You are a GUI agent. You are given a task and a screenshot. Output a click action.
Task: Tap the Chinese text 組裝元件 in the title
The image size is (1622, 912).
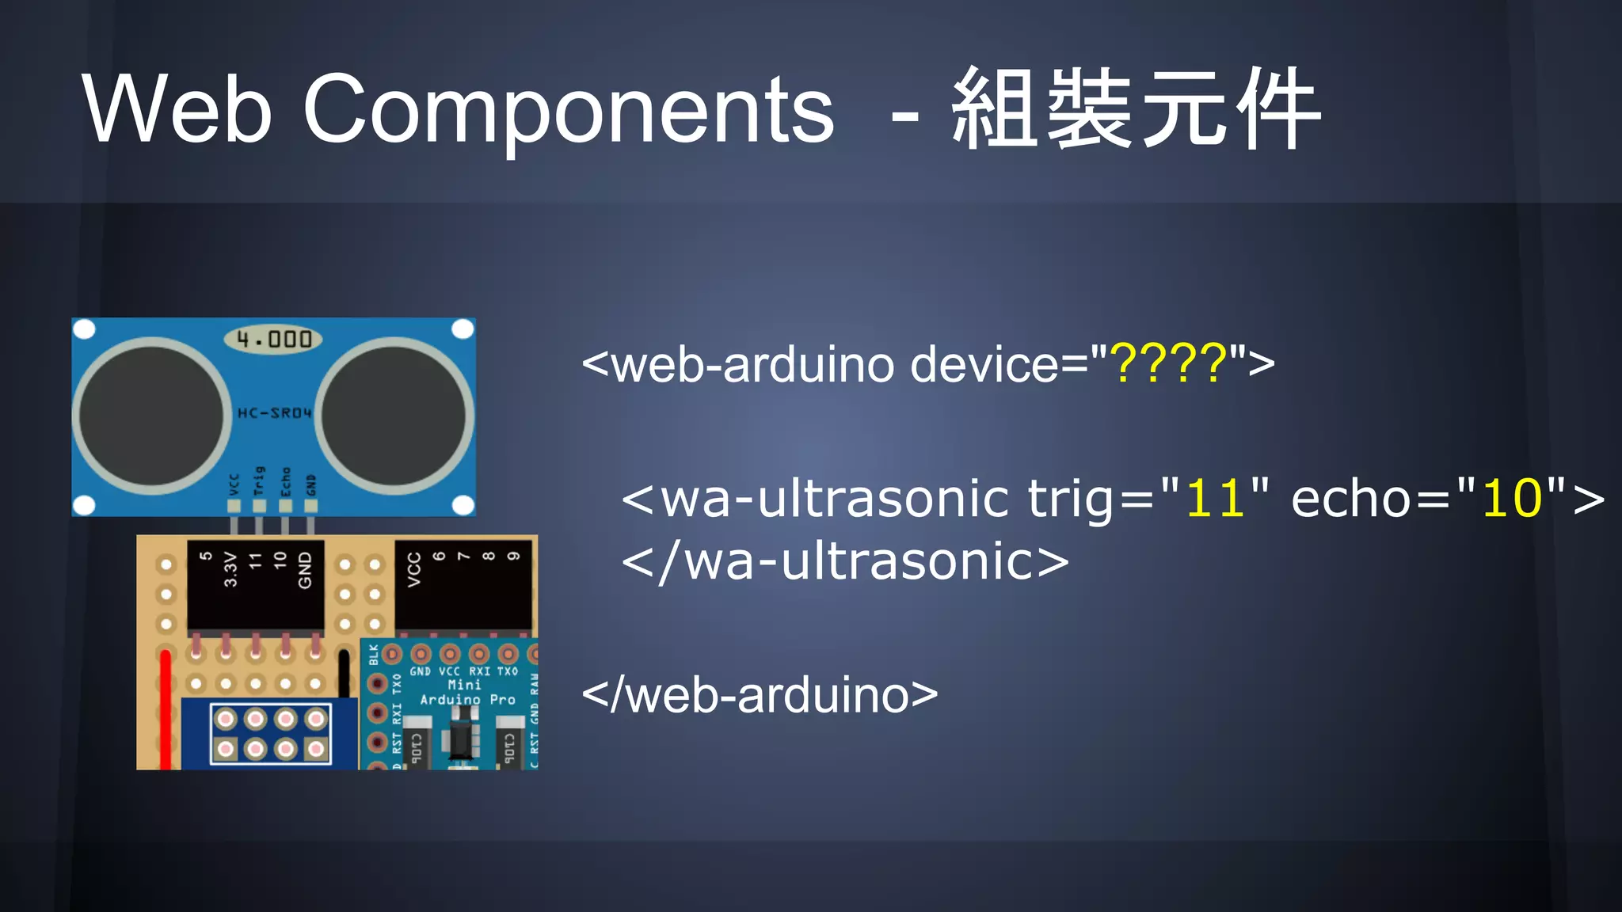point(1136,109)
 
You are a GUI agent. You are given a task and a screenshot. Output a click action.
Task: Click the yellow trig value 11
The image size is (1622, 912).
point(1215,499)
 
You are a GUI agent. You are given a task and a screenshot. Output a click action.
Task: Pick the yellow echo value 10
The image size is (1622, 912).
point(1512,499)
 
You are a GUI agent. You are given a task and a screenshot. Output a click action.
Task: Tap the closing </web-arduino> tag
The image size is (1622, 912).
point(760,695)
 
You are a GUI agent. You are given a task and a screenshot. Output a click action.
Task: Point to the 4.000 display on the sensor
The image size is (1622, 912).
point(274,340)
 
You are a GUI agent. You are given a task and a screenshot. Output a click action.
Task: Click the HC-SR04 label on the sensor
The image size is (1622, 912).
point(274,413)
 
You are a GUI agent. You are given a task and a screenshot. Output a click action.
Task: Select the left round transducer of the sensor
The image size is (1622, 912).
point(151,416)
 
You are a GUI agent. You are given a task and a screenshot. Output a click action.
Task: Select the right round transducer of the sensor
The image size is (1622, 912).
point(394,416)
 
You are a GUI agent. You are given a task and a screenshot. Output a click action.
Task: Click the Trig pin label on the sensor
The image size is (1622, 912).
point(259,480)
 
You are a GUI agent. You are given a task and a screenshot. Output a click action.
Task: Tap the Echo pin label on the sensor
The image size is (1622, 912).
point(285,480)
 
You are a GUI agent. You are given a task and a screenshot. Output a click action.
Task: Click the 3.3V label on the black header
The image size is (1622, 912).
point(230,569)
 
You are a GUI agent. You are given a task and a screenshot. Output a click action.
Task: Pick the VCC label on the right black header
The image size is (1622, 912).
point(413,569)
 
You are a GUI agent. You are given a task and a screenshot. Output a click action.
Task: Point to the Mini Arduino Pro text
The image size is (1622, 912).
point(466,692)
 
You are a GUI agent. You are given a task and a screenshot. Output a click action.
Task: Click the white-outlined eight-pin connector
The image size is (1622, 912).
point(270,734)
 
